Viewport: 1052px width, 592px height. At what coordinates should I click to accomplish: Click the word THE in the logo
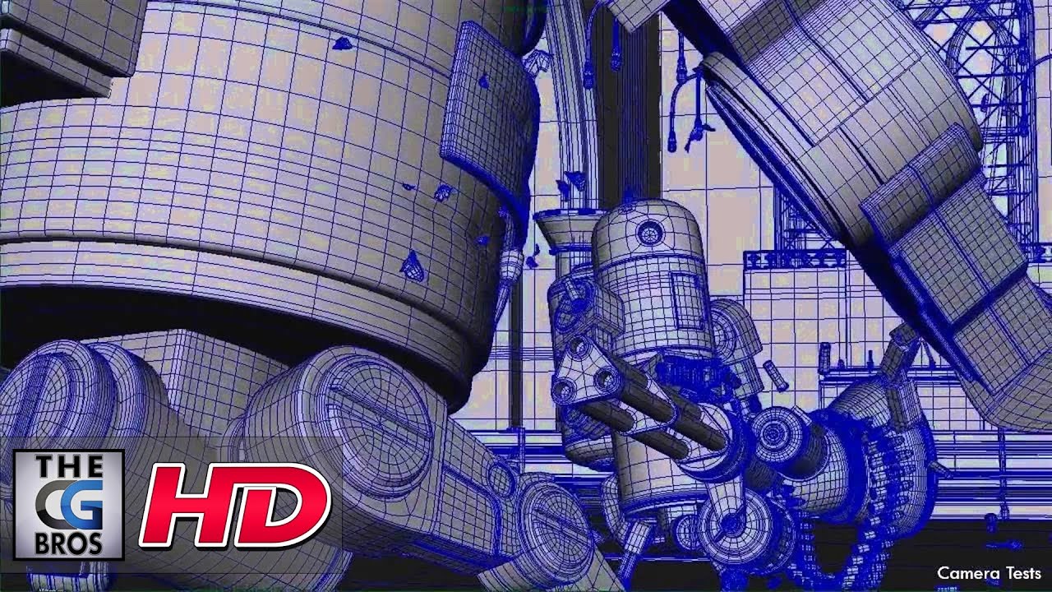69,466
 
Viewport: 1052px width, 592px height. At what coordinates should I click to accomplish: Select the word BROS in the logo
69,543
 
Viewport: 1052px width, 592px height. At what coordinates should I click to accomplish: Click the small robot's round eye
650,232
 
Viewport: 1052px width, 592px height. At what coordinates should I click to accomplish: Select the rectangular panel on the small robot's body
688,300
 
